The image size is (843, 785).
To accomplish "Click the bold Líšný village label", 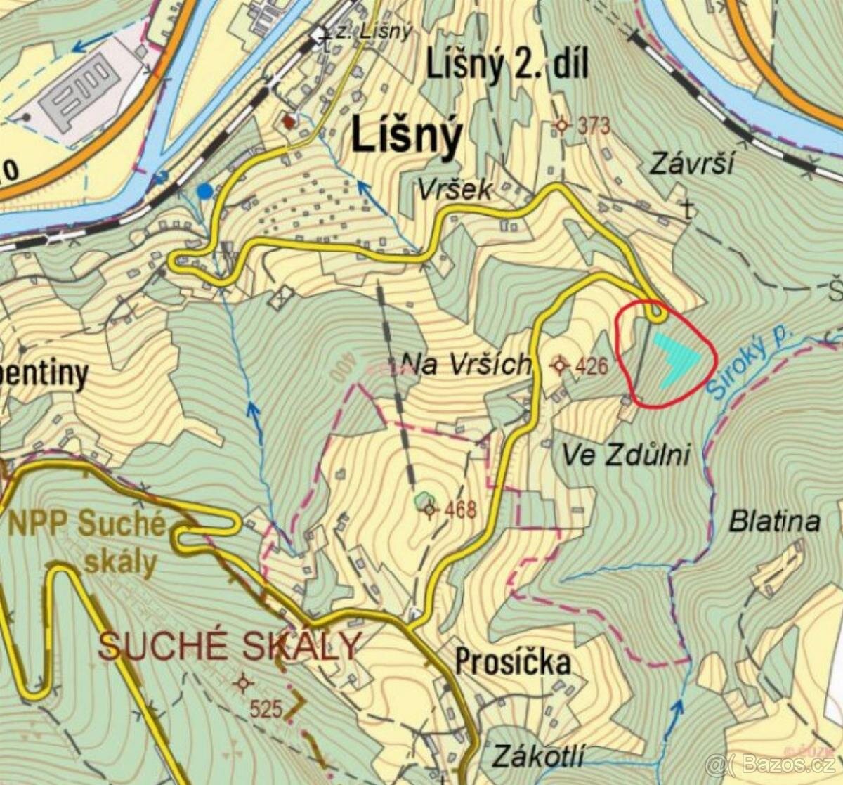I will click(406, 135).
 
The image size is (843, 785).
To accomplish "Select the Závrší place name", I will click(691, 164).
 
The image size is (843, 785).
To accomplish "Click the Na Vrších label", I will click(465, 363).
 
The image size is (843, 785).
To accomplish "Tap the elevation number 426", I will click(591, 365).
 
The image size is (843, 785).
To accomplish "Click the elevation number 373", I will click(594, 126).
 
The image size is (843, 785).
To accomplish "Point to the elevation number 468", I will click(461, 509).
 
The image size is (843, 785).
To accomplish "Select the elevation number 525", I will click(266, 709).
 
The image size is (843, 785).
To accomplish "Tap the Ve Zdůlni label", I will click(626, 455).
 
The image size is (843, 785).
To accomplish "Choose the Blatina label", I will click(774, 521).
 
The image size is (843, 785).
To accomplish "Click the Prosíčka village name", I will click(513, 662).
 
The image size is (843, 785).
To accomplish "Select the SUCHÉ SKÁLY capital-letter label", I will click(230, 645).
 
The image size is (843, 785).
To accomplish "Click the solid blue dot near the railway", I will click(204, 190).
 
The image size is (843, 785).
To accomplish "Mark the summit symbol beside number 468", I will click(430, 510).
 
